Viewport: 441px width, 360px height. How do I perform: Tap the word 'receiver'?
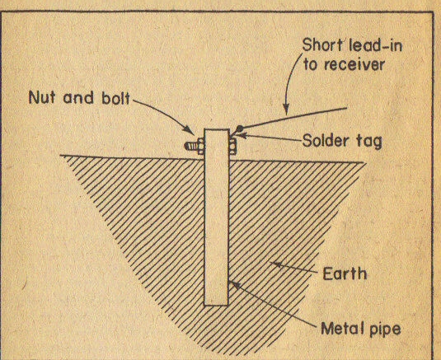[x=354, y=65]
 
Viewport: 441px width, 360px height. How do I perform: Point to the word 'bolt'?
[x=115, y=98]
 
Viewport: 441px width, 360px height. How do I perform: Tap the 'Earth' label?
[x=345, y=274]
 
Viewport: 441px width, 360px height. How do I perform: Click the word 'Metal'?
[x=340, y=328]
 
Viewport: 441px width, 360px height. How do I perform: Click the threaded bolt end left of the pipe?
[x=191, y=146]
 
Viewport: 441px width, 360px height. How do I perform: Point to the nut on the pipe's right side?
[x=232, y=147]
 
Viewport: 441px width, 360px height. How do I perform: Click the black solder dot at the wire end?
[x=239, y=129]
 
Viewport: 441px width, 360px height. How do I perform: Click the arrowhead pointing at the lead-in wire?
[x=286, y=110]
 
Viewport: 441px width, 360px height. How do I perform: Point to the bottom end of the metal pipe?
[x=216, y=305]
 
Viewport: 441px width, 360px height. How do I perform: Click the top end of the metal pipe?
[x=217, y=129]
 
